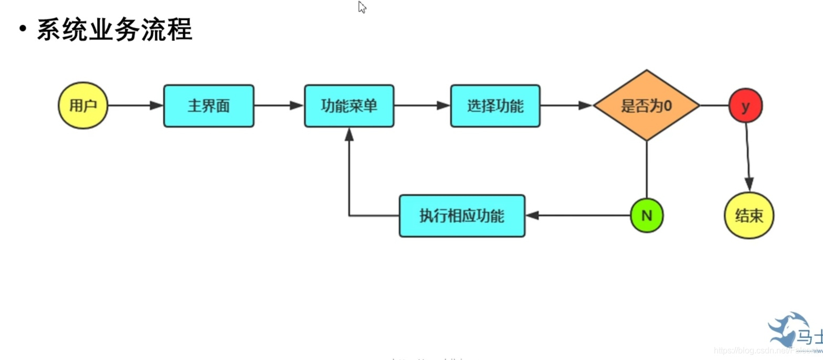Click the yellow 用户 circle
[83, 105]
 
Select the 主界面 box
[208, 106]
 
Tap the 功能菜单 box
[349, 106]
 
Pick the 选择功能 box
[495, 106]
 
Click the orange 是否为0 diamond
[646, 105]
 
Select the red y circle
[745, 106]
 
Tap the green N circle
[647, 215]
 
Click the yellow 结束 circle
[749, 215]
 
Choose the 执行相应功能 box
[462, 216]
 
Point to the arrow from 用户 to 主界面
[135, 105]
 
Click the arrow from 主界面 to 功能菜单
[279, 105]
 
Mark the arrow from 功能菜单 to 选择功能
[422, 105]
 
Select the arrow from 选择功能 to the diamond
[566, 105]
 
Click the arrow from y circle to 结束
[747, 157]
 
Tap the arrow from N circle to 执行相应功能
[577, 215]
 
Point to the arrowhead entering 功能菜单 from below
[349, 134]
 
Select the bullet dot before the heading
[23, 29]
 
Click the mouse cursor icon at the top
[362, 7]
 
